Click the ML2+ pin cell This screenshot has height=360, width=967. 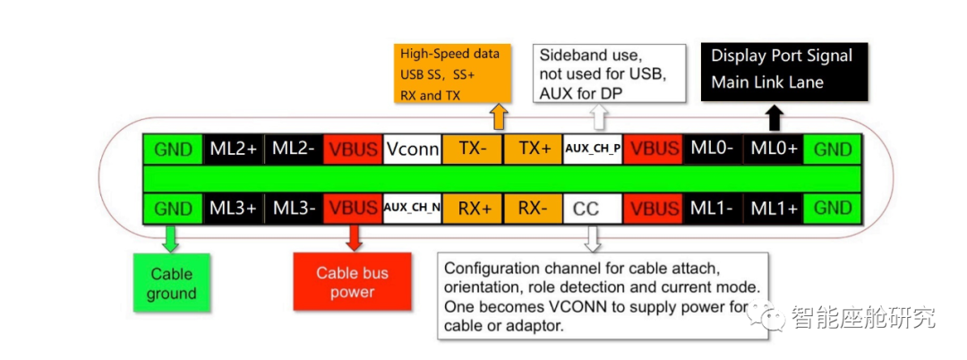click(x=235, y=149)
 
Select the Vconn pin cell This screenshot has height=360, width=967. click(x=412, y=149)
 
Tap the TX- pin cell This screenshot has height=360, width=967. click(x=472, y=149)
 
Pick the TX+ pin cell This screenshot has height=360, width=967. click(x=534, y=149)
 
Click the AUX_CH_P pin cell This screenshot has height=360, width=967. click(x=593, y=149)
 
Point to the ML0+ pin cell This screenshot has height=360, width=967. click(x=774, y=149)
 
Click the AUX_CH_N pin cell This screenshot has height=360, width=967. click(x=412, y=209)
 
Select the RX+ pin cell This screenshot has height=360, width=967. click(x=472, y=209)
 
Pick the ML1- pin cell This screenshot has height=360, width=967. click(x=713, y=209)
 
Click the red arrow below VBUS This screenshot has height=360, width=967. click(x=354, y=236)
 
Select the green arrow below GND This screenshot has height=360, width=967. click(x=170, y=236)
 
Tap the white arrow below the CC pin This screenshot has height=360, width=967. click(x=592, y=237)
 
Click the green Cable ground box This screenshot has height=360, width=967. click(x=171, y=283)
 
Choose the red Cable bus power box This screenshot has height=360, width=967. click(x=352, y=283)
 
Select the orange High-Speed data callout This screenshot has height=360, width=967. click(x=453, y=73)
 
